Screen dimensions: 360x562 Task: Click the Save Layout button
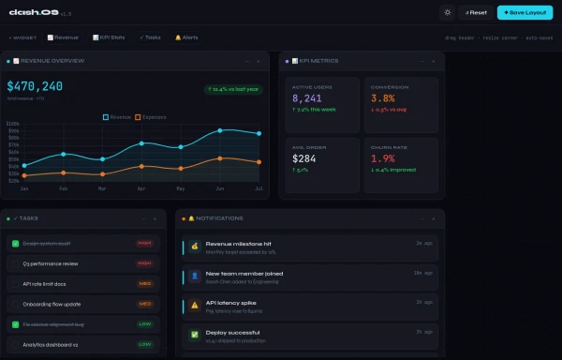[x=524, y=12]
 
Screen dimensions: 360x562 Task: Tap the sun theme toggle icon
[x=448, y=12]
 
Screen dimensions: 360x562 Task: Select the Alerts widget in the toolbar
[x=185, y=37]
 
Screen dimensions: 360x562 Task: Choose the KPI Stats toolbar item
[x=109, y=37]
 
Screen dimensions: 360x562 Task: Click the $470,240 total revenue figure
[x=35, y=86]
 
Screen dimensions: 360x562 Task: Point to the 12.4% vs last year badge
[x=234, y=90]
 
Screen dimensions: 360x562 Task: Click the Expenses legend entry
[x=151, y=117]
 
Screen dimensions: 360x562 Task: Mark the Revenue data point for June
[x=220, y=130]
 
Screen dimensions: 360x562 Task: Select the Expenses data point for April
[x=141, y=166]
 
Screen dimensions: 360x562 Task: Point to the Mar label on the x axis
[x=102, y=188]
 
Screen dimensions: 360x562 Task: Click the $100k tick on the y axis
[x=13, y=123]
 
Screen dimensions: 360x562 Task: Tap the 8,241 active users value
[x=307, y=97]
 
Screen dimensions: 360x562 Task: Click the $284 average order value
[x=304, y=158]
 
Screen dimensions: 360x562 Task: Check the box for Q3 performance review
[x=15, y=263]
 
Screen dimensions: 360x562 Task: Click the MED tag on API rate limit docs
[x=145, y=283]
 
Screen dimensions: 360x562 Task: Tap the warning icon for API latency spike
[x=195, y=305]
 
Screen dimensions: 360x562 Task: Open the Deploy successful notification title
[x=233, y=332]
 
